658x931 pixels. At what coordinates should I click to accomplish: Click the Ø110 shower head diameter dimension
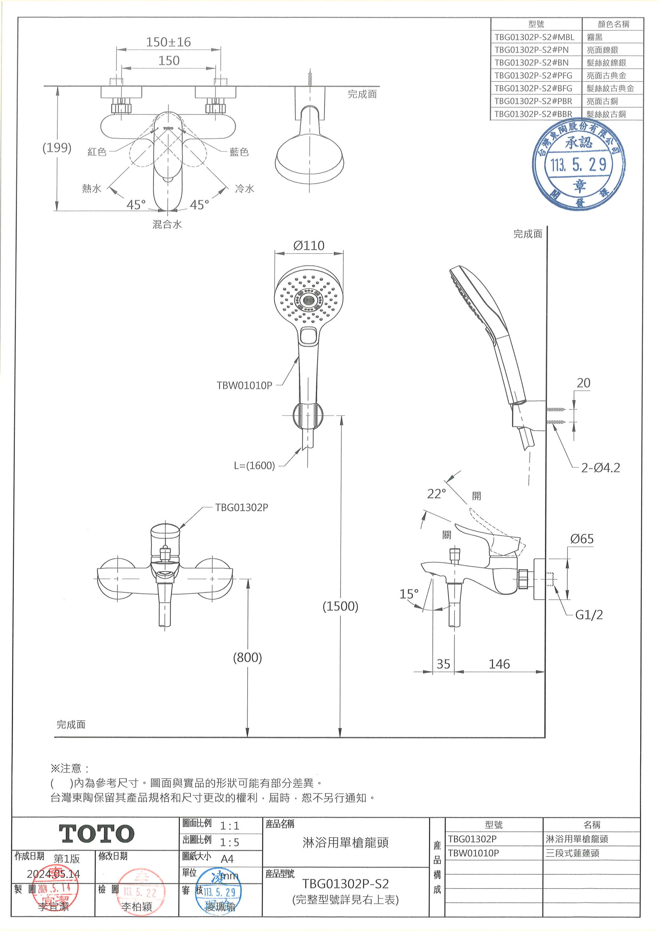coord(309,245)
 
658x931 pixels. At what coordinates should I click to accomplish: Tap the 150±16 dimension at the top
coord(168,42)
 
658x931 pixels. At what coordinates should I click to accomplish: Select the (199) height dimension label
coord(57,148)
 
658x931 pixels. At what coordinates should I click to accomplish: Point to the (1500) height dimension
coord(340,606)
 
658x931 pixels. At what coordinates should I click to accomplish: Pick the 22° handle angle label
coord(436,494)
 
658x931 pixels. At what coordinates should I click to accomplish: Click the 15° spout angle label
coord(409,594)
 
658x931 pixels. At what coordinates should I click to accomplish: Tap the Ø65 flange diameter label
coord(582,539)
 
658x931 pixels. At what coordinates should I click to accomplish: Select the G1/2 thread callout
coord(589,615)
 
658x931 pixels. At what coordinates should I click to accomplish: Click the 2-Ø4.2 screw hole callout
coord(601,468)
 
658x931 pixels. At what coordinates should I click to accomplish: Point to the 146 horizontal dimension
coord(499,664)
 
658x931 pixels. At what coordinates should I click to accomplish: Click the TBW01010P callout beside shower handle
coord(244,385)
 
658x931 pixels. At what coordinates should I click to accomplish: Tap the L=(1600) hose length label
coord(254,465)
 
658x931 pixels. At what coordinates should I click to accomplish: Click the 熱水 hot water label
coord(92,188)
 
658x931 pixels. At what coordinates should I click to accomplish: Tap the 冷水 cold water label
coord(244,188)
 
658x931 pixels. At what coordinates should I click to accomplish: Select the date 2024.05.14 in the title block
coord(53,874)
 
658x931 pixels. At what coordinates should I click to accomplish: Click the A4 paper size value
coord(227,859)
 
